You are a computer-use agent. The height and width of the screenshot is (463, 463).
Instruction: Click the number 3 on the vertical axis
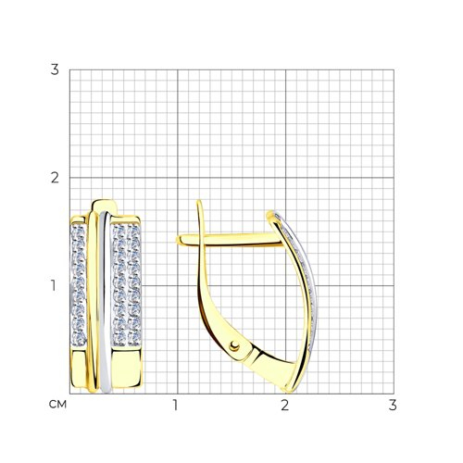coord(55,70)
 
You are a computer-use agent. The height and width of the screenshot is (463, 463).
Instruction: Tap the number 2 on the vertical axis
coord(55,178)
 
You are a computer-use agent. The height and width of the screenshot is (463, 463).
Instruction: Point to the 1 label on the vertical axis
coord(54,286)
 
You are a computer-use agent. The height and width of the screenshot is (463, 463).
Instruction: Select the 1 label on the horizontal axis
coord(176,405)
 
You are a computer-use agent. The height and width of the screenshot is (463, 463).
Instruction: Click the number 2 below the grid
coord(284,405)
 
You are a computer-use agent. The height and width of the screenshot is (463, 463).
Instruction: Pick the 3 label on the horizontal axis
coord(393,405)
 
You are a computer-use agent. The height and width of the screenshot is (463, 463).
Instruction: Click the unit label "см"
coord(57,405)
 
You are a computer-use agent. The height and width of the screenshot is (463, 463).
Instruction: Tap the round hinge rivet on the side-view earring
coord(234,346)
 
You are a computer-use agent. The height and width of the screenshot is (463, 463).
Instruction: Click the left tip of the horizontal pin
coord(177,241)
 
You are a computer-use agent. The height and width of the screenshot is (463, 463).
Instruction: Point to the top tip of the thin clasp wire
coord(199,201)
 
